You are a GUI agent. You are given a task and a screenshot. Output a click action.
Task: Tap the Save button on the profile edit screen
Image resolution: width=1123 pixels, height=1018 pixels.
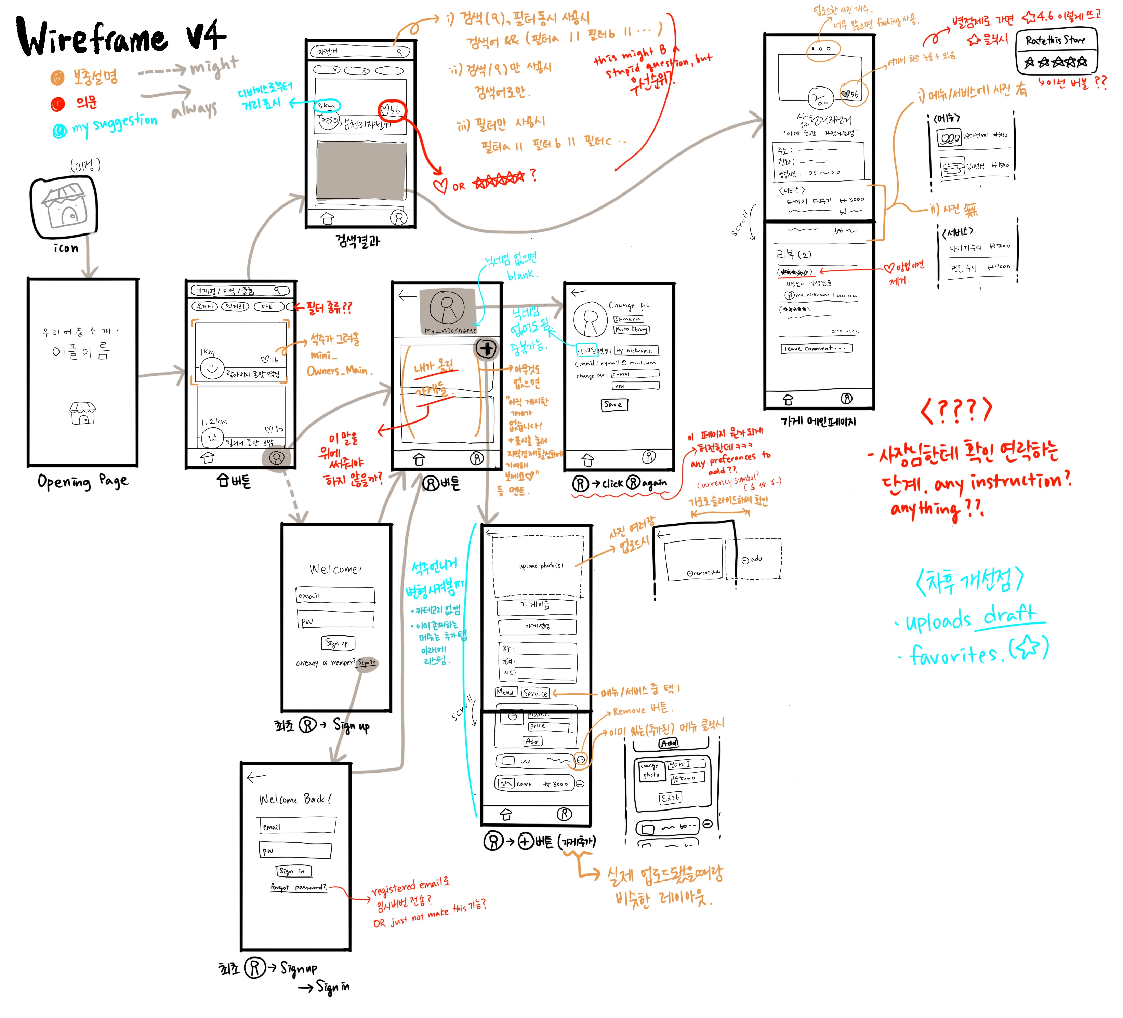tap(614, 405)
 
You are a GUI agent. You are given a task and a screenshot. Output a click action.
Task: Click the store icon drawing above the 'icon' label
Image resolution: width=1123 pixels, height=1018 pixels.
tap(64, 207)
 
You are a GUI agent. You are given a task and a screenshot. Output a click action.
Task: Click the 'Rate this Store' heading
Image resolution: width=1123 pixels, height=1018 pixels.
tap(1056, 40)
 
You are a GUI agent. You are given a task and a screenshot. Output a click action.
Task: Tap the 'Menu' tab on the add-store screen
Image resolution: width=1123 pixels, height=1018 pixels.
tap(505, 692)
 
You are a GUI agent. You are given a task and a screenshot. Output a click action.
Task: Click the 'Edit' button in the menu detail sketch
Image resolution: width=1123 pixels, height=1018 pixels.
tap(670, 798)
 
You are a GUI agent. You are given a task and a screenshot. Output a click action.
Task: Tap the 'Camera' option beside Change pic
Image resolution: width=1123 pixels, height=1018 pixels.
tap(628, 319)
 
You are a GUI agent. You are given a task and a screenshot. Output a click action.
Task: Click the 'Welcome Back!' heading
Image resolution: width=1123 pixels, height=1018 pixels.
tap(295, 800)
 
